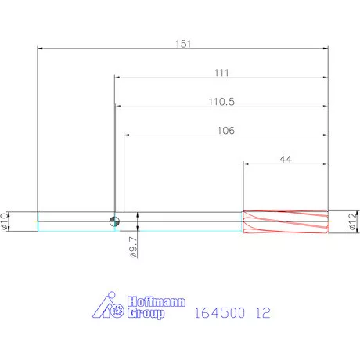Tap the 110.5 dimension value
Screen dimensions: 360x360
(221, 101)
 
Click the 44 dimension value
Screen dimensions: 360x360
(286, 159)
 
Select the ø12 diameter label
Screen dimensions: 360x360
(351, 221)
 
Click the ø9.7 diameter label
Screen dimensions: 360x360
(132, 247)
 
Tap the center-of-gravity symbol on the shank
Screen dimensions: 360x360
(115, 221)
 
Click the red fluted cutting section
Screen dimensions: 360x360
(285, 221)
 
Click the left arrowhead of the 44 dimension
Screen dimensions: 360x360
(247, 164)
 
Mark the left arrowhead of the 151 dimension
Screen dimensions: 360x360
(41, 49)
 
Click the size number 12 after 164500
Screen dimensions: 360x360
(262, 312)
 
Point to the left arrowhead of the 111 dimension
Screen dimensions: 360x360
(118, 77)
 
